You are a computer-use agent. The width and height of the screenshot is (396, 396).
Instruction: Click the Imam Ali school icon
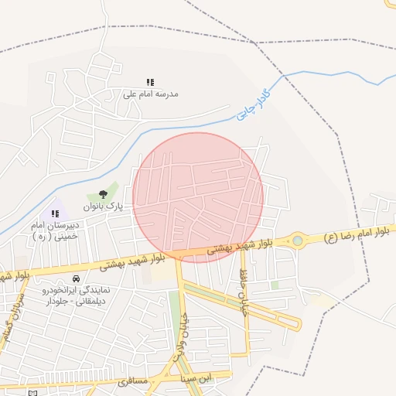(150, 82)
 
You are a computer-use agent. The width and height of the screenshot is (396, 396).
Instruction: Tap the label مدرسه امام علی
(150, 94)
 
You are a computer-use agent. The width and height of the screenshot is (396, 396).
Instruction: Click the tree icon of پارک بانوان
(104, 195)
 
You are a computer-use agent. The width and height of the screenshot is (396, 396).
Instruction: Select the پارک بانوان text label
(104, 207)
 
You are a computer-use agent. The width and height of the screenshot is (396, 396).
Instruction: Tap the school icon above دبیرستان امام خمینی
(55, 213)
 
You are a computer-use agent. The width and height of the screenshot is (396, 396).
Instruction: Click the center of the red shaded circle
(198, 197)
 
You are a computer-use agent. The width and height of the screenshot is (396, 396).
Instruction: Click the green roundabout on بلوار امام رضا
(297, 241)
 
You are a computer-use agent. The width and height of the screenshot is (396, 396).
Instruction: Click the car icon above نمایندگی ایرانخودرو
(76, 278)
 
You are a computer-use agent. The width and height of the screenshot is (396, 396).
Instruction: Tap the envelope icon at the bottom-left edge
(32, 393)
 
